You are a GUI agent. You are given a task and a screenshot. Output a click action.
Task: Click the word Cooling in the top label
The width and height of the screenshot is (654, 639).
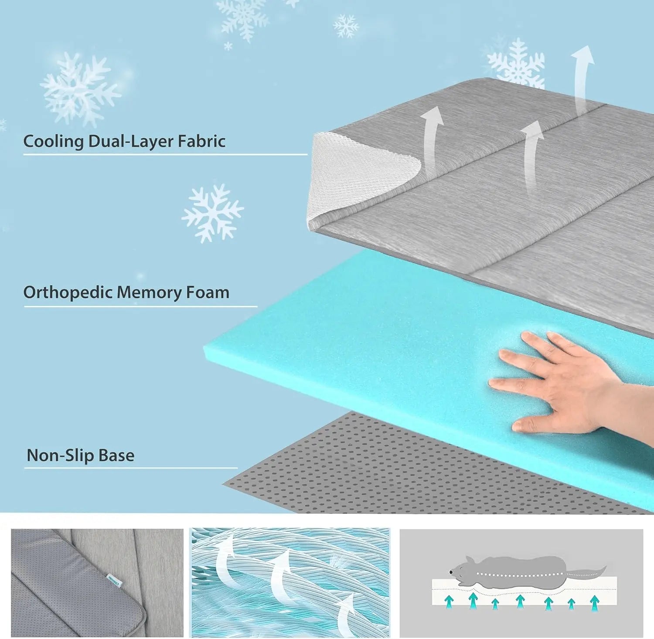[53, 142]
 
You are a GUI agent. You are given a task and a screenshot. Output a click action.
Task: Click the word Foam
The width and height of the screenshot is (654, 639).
[207, 292]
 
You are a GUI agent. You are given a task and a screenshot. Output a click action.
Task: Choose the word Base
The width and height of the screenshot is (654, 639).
[116, 455]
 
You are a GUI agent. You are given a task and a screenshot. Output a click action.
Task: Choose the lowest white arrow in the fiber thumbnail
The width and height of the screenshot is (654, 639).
[347, 615]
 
